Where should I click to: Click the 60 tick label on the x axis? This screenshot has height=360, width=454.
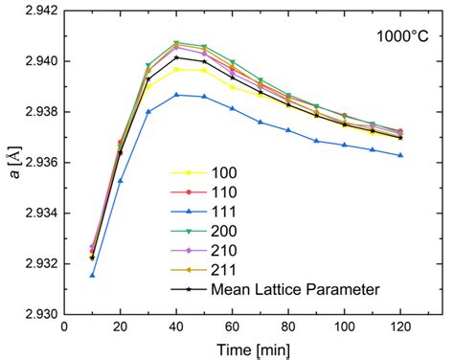[232, 327]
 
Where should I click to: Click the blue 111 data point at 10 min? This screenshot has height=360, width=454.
[92, 275]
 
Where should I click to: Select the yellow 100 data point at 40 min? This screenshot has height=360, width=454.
[176, 69]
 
